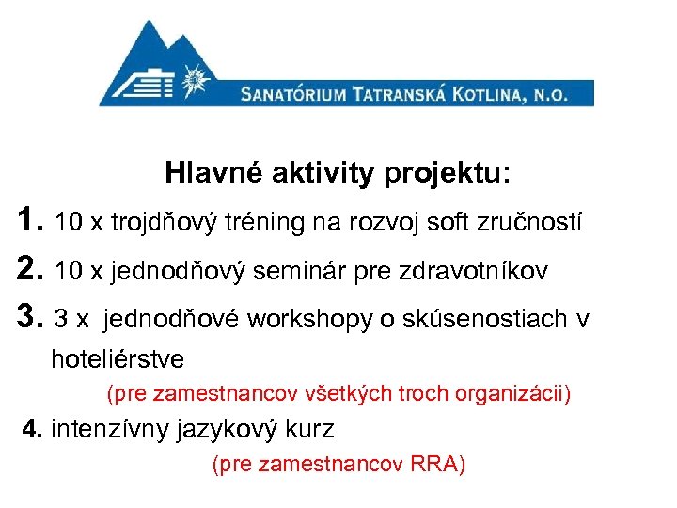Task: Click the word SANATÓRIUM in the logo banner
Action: [291, 94]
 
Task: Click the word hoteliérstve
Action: [118, 358]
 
